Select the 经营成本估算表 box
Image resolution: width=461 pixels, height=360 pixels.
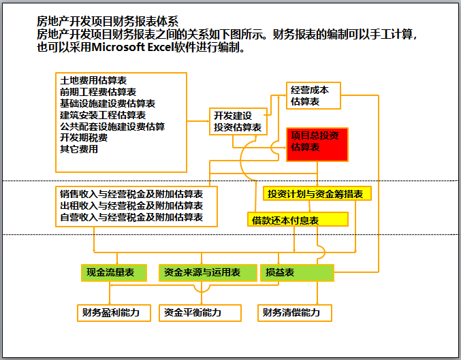[313, 96]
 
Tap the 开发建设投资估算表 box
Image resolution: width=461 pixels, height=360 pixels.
[238, 121]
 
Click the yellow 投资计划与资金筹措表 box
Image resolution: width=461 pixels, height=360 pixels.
[317, 194]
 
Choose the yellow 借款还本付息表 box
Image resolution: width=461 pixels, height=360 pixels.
[298, 220]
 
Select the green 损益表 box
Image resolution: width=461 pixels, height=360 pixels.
[297, 272]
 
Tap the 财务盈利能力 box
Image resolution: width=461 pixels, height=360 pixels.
[110, 312]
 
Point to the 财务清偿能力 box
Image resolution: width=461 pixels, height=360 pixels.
[296, 312]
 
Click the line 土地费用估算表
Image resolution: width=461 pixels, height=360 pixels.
[93, 81]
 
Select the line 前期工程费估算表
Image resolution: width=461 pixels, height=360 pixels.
[97, 93]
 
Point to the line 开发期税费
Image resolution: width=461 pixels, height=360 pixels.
[83, 137]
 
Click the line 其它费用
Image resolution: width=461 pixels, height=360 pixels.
[78, 148]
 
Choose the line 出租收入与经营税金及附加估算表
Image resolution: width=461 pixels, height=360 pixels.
[131, 206]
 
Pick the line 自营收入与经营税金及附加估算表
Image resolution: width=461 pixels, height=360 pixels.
[131, 217]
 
